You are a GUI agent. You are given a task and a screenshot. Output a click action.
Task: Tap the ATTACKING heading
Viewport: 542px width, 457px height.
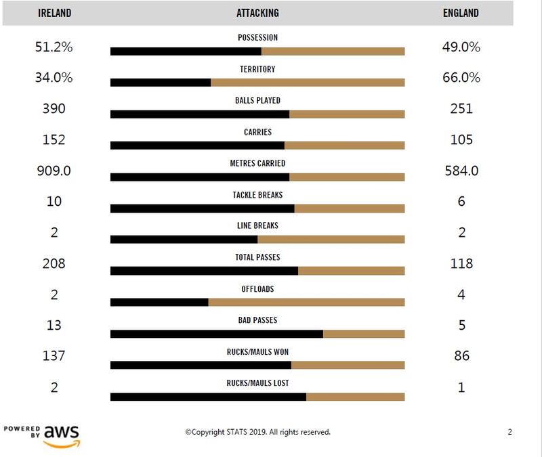pos(257,13)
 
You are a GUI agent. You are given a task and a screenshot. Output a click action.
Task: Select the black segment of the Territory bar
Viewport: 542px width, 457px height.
pos(160,83)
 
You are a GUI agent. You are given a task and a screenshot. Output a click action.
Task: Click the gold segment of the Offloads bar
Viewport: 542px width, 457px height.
pos(306,302)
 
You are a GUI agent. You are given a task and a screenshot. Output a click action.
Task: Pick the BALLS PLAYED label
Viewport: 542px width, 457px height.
pos(257,101)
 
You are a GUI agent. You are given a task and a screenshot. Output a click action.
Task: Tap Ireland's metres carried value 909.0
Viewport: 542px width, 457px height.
pos(52,171)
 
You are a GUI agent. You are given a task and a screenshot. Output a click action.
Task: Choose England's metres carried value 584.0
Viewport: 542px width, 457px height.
pos(461,171)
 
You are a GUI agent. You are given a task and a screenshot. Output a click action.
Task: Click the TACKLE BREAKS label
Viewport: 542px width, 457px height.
pos(257,195)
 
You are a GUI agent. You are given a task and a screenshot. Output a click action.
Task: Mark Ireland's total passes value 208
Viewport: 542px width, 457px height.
pos(52,263)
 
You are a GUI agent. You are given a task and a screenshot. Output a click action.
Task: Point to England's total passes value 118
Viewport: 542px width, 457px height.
pos(461,263)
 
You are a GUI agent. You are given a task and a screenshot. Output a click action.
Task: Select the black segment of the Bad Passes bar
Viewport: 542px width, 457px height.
pos(216,333)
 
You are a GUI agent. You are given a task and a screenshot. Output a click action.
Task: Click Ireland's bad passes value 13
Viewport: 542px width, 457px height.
pos(52,326)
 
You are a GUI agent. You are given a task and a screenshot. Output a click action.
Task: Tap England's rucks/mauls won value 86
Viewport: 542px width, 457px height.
pos(461,356)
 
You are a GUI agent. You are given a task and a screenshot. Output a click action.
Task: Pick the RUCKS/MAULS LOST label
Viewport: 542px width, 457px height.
pos(257,383)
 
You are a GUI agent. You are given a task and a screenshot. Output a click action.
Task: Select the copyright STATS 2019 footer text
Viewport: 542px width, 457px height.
pos(257,431)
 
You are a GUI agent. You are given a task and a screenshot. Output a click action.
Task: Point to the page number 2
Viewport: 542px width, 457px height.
pos(509,431)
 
